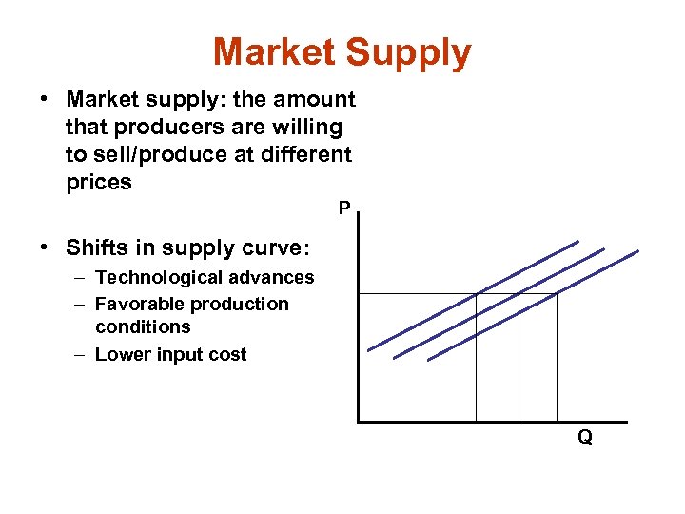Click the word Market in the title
pyautogui.click(x=273, y=52)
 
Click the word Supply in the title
pyautogui.click(x=409, y=54)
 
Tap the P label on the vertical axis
pyautogui.click(x=343, y=208)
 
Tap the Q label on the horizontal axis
pyautogui.click(x=585, y=437)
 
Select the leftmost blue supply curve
pyautogui.click(x=473, y=294)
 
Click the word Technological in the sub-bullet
pyautogui.click(x=157, y=277)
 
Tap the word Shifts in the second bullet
pyautogui.click(x=93, y=247)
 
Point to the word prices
pyautogui.click(x=99, y=182)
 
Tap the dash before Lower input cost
pyautogui.click(x=80, y=354)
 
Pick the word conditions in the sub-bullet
pyautogui.click(x=143, y=326)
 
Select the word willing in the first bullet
pyautogui.click(x=307, y=127)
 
